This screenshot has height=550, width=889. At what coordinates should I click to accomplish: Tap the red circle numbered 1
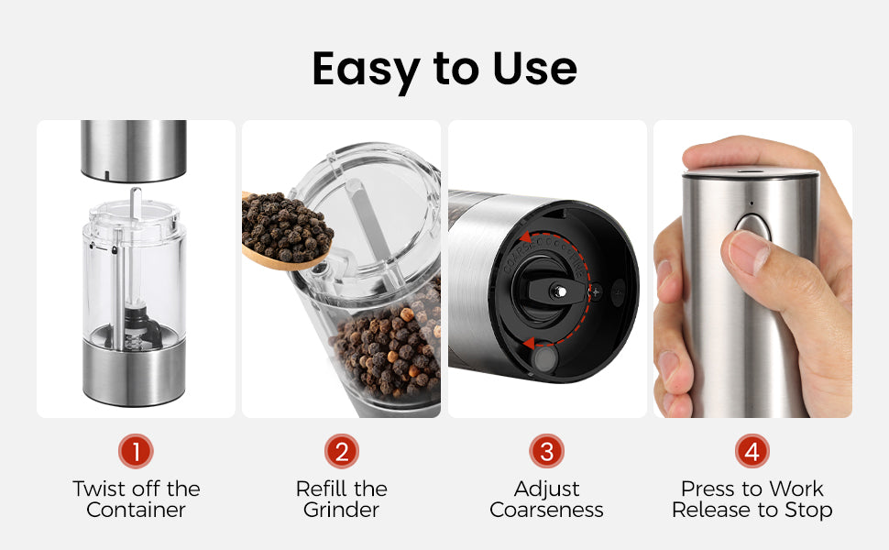coord(136,451)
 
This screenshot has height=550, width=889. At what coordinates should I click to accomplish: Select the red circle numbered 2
coord(341,451)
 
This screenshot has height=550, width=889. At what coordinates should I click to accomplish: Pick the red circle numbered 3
coord(546,451)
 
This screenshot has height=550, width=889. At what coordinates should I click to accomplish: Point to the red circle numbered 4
coord(752,451)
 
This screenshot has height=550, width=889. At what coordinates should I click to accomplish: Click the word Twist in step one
coord(100,489)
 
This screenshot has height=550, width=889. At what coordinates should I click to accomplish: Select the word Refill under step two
coord(322,489)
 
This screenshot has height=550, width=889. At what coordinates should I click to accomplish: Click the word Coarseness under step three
coord(546,510)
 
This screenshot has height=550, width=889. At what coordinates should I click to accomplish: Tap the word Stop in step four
coord(808,511)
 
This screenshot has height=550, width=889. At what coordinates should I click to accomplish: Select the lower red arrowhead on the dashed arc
coord(528,343)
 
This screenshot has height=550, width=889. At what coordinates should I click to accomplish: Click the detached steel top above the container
coord(134,151)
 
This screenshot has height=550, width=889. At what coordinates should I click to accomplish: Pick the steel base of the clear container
coord(134,372)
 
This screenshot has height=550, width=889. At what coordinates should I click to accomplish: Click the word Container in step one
coord(136,510)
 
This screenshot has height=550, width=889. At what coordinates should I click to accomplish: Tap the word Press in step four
coord(706,489)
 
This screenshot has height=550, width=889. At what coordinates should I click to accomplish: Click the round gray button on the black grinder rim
coord(545,358)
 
